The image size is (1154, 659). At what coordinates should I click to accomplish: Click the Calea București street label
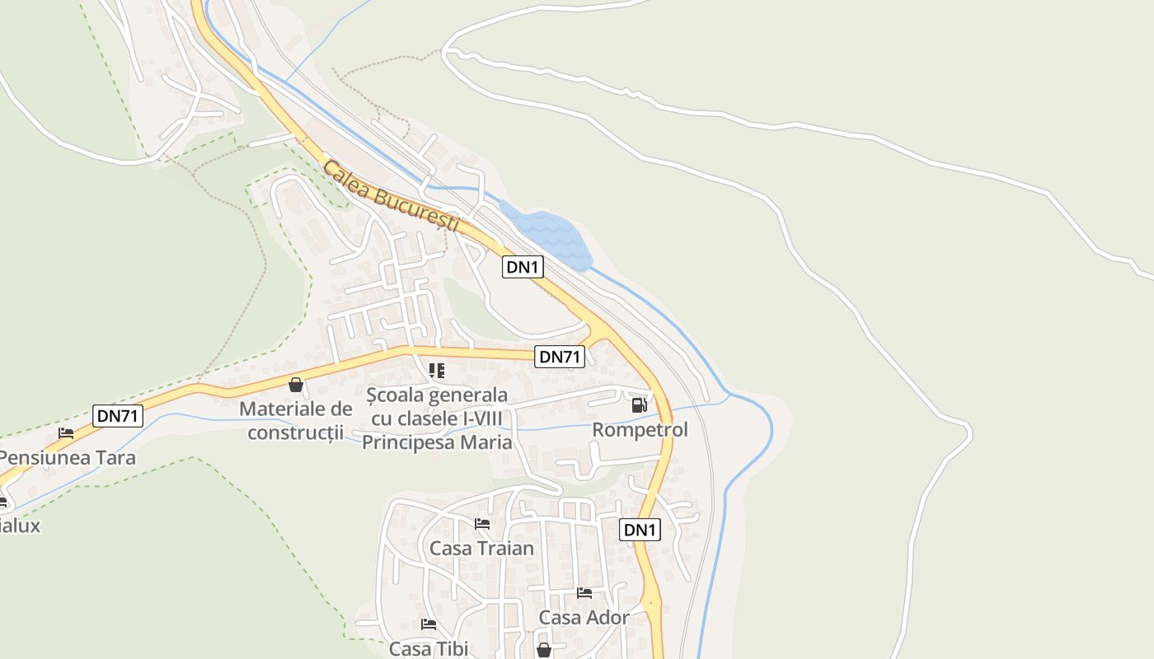[x=390, y=196]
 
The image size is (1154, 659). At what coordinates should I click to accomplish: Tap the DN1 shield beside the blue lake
[x=523, y=267]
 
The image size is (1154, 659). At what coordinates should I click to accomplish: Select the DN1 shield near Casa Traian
[x=640, y=530]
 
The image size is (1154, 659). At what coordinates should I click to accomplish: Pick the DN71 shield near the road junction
[x=561, y=357]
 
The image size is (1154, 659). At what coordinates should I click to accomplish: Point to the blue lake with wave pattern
[x=548, y=235]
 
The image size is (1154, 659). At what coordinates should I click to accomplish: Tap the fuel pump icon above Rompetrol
[x=639, y=404]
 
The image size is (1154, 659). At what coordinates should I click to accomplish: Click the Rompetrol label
[x=640, y=430]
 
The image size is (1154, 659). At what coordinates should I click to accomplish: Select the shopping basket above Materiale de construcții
[x=296, y=385]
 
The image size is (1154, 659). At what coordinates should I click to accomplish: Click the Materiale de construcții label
[x=296, y=420]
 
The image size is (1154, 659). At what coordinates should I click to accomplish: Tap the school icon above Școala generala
[x=437, y=371]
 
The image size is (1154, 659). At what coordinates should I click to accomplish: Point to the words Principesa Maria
[x=437, y=442]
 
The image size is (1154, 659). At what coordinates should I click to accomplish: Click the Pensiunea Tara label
[x=68, y=458]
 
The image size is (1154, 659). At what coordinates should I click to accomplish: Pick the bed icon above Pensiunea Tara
[x=66, y=433]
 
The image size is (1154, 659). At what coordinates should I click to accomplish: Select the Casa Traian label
[x=481, y=548]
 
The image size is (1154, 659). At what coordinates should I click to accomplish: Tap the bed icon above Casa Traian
[x=482, y=524]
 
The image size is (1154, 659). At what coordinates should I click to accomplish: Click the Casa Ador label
[x=584, y=617]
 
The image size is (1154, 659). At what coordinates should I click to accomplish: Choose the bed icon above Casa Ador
[x=584, y=593]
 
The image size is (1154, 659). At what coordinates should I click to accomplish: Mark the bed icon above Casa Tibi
[x=428, y=624]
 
